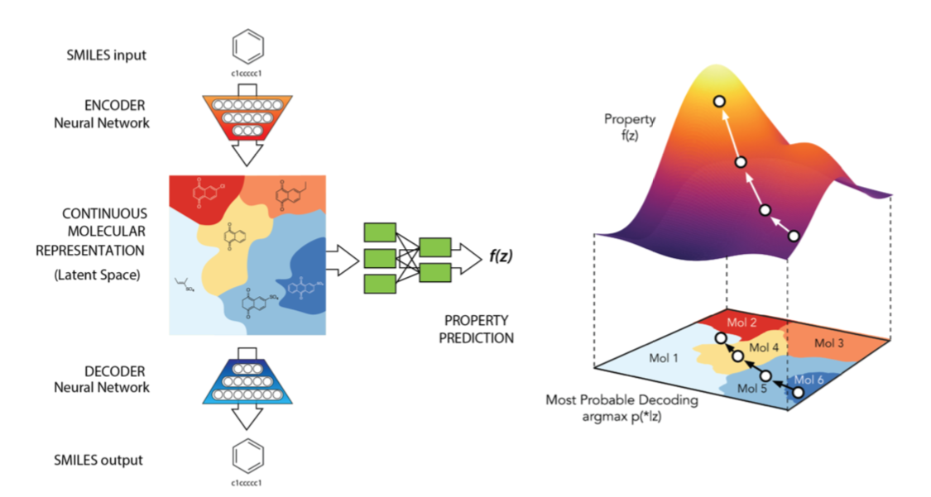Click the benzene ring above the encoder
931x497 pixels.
click(x=247, y=48)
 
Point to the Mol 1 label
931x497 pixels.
click(x=654, y=359)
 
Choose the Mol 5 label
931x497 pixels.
click(x=752, y=387)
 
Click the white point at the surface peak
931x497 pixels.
click(x=720, y=101)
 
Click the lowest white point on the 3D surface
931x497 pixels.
click(x=794, y=237)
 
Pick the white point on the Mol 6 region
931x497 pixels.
click(x=798, y=392)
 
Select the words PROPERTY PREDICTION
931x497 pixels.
click(x=479, y=329)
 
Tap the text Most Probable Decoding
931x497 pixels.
click(x=621, y=400)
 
